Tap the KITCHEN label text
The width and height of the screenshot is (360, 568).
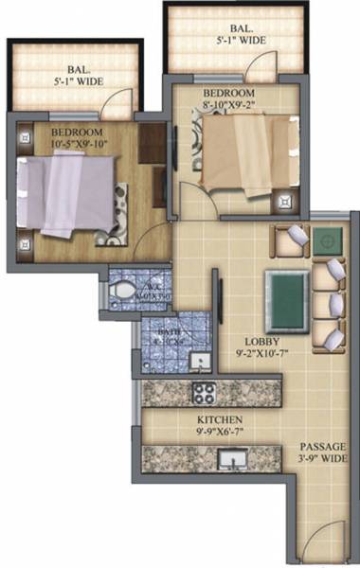pyautogui.click(x=218, y=419)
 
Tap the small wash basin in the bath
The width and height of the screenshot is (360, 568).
pyautogui.click(x=199, y=363)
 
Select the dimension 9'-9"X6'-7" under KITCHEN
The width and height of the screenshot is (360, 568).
pyautogui.click(x=219, y=433)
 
